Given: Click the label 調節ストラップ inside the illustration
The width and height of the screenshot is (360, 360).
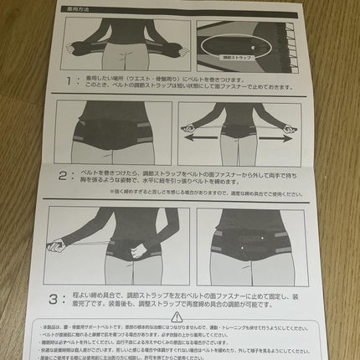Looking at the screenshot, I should (x=236, y=59).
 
